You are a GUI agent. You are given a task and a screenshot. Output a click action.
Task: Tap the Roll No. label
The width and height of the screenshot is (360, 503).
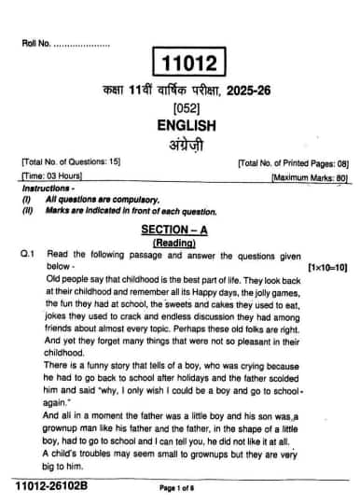35,43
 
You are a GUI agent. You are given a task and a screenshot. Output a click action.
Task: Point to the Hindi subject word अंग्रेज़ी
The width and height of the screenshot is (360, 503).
186,142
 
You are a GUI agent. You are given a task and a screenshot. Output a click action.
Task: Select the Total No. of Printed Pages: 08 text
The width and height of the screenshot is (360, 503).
292,162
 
